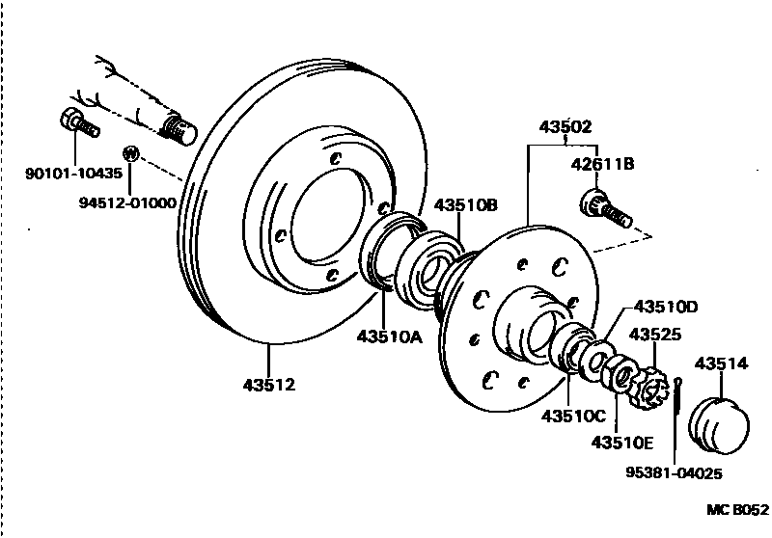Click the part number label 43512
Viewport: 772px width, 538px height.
click(268, 385)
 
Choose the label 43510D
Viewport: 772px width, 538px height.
click(665, 308)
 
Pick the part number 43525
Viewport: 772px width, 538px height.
click(656, 335)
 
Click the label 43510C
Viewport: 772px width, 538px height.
click(573, 417)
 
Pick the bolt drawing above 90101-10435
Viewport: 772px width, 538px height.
click(74, 123)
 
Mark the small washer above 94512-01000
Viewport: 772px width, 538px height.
click(129, 152)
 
